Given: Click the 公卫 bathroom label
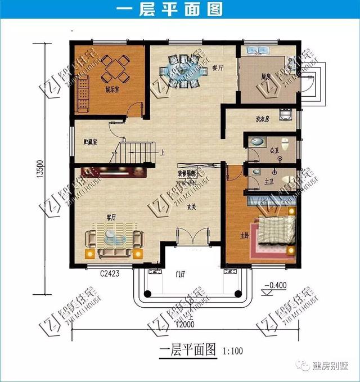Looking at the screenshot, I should coord(274,151).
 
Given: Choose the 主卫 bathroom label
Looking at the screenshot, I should coord(269,181).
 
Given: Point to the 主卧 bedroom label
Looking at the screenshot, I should coord(244,235).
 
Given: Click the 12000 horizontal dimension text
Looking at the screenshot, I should coord(183,325).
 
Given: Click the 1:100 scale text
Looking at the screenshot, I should coord(233,351).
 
